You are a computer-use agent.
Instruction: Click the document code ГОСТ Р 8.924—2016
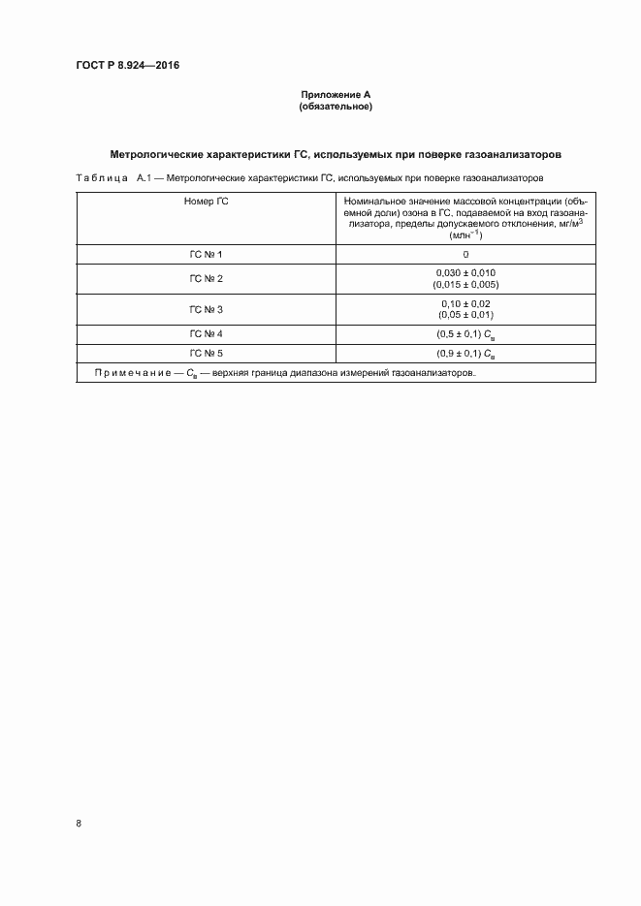coord(126,66)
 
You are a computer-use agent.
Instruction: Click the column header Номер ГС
coord(207,201)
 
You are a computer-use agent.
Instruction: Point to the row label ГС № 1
coord(207,254)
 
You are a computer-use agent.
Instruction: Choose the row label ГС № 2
coord(207,279)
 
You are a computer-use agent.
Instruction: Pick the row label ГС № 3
coord(207,309)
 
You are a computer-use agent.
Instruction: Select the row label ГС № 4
coord(207,334)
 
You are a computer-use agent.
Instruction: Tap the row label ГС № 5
coord(207,353)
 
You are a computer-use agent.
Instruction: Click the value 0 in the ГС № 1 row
coord(465,254)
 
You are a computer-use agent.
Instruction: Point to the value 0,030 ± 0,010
coord(465,273)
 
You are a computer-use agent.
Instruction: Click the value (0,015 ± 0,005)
coord(465,285)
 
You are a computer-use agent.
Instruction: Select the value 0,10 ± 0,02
coord(465,303)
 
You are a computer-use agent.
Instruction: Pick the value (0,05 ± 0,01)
coord(465,315)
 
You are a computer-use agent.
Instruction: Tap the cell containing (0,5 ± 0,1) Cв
coord(465,334)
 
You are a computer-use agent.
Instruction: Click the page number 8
coord(79,823)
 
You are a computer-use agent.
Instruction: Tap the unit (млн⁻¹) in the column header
coord(465,235)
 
